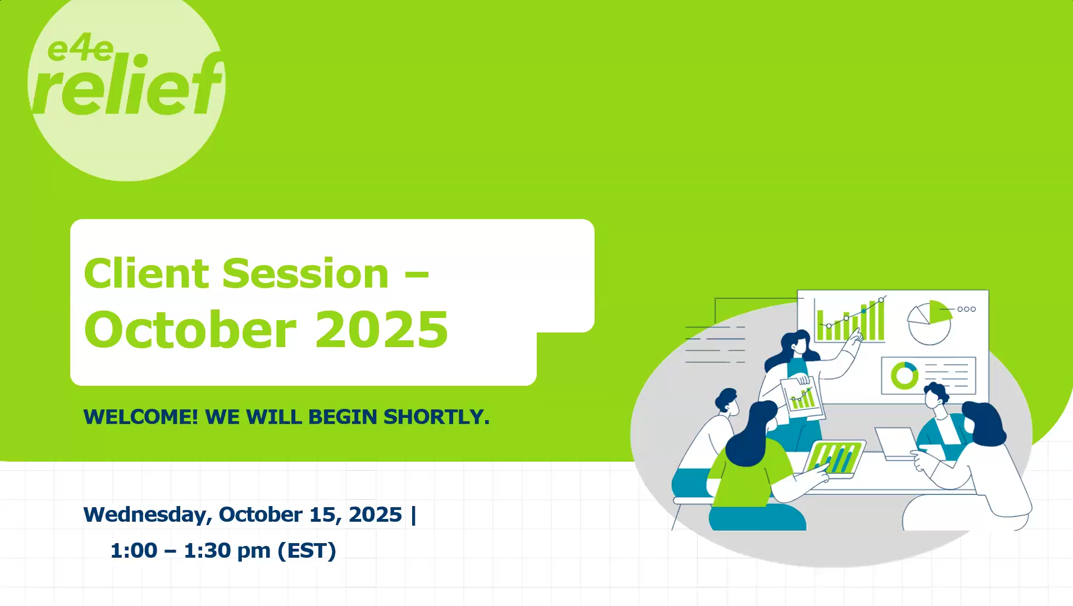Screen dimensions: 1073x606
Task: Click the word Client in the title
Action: tap(147, 274)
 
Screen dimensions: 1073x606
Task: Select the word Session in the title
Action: tap(305, 274)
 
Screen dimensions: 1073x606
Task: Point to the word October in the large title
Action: tap(190, 329)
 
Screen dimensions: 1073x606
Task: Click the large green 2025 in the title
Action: tap(382, 329)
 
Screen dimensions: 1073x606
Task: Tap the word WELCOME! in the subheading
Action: tap(140, 417)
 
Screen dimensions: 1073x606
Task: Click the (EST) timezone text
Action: tap(307, 551)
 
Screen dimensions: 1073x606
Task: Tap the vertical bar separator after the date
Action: tap(414, 515)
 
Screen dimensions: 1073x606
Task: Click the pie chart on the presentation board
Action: tap(929, 322)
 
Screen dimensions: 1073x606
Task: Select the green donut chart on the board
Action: tap(905, 375)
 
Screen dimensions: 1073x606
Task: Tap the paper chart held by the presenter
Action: tap(802, 397)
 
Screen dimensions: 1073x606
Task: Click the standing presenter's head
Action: tap(796, 343)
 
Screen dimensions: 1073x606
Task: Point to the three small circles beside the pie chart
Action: tap(966, 309)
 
